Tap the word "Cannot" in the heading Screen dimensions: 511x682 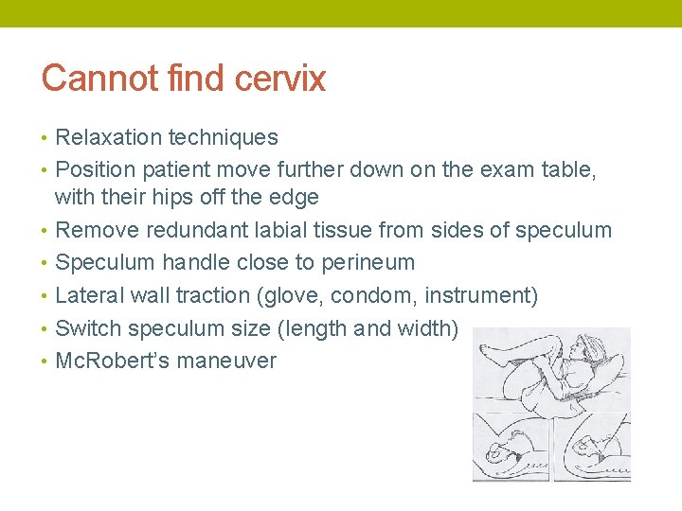[x=87, y=79]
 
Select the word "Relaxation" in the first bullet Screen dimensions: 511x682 [x=109, y=137]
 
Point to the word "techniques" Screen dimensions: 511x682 [x=224, y=137]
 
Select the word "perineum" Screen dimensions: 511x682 [x=365, y=262]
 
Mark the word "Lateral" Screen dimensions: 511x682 [x=88, y=295]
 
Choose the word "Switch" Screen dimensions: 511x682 [x=88, y=328]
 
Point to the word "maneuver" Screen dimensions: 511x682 [x=226, y=361]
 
